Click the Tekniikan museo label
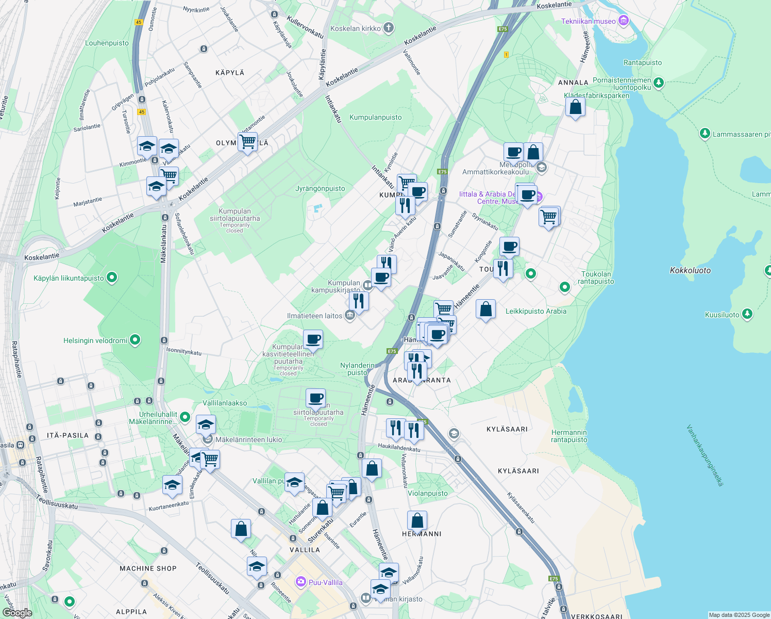click(588, 21)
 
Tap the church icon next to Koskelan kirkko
click(389, 28)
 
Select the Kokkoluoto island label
click(690, 270)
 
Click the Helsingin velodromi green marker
click(135, 340)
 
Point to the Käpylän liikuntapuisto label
click(69, 278)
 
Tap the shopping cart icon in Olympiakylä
click(247, 141)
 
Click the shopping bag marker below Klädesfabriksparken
click(575, 107)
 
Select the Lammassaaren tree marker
click(705, 134)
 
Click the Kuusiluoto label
click(722, 315)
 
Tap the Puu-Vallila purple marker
click(301, 582)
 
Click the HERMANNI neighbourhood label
click(422, 534)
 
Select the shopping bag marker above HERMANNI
click(417, 520)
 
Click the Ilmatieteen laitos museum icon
click(350, 315)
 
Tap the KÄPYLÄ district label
click(230, 73)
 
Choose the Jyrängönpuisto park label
click(320, 188)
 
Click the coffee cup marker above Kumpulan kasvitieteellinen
click(313, 339)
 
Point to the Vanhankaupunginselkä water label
click(705, 455)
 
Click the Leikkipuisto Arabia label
click(535, 311)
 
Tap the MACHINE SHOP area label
click(148, 568)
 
